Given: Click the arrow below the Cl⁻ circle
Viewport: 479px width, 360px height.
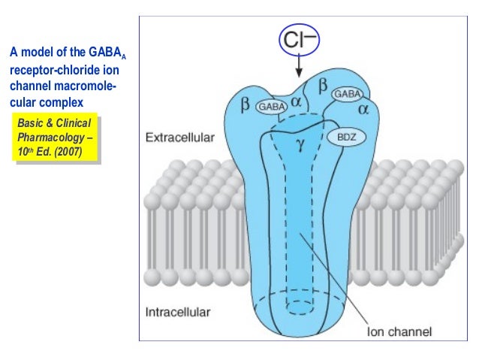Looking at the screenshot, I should point(300,68).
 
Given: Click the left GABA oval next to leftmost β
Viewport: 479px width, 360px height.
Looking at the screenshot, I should point(271,107).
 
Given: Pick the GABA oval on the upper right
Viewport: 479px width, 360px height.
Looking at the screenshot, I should point(346,94).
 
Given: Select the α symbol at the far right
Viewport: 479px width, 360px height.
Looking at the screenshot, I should point(364,109).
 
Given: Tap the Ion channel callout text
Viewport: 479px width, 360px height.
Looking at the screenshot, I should point(399,329).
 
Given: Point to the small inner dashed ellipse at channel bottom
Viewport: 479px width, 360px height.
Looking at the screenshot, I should point(300,307).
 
